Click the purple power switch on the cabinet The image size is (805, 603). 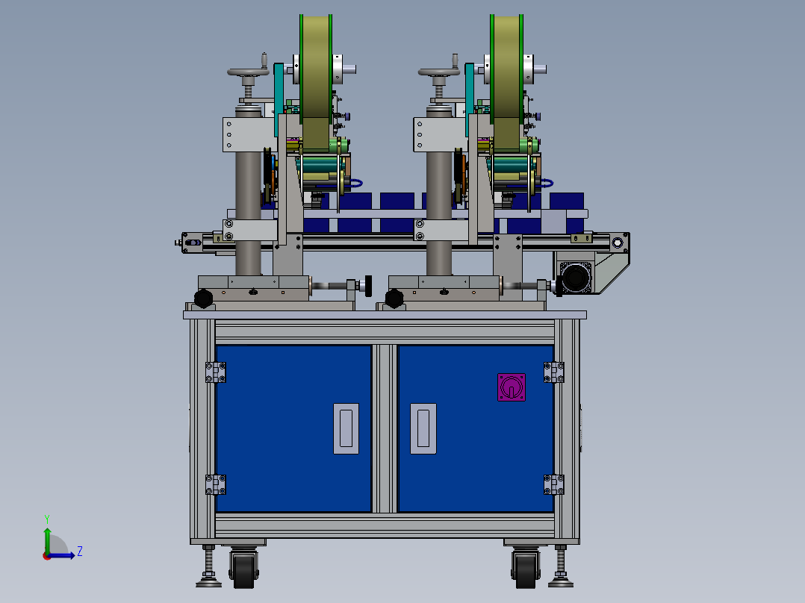tap(512, 387)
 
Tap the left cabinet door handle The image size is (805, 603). tap(346, 428)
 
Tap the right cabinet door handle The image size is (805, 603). tap(423, 428)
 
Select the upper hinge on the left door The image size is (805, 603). tap(216, 372)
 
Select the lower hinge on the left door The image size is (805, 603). tap(216, 484)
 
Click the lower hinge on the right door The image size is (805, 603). tap(553, 484)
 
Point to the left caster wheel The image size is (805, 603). tap(243, 570)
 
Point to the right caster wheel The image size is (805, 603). tap(525, 570)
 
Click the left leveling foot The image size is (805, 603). tap(208, 579)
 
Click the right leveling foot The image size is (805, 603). tap(559, 579)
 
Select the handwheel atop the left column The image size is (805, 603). tap(248, 72)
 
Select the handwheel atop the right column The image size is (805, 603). tap(438, 72)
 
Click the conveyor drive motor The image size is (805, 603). tap(575, 278)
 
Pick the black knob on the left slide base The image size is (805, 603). tap(203, 299)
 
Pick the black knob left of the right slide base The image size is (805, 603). tap(394, 299)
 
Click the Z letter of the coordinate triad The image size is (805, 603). tap(79, 552)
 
